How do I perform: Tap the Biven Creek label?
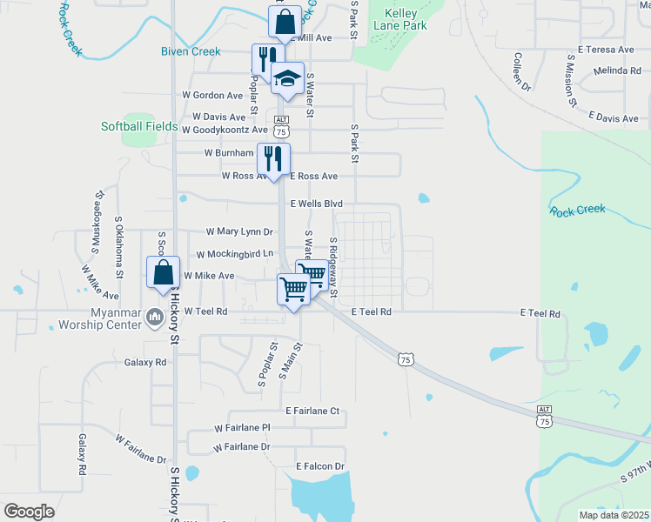click(x=191, y=51)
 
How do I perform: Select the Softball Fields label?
click(x=139, y=127)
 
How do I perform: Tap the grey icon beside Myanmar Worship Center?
click(x=156, y=316)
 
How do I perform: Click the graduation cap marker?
click(x=287, y=79)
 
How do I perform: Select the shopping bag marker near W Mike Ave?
click(x=163, y=272)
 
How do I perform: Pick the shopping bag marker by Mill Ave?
click(x=285, y=23)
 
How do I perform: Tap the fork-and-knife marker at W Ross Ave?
click(x=273, y=159)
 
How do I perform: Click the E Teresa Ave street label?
click(x=605, y=50)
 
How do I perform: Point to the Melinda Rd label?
click(x=618, y=70)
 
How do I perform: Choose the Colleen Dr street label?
click(x=521, y=72)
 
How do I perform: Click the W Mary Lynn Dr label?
click(x=239, y=232)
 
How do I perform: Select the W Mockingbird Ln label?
click(x=235, y=254)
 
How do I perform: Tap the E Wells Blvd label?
click(x=316, y=204)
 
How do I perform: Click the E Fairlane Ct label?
click(x=311, y=410)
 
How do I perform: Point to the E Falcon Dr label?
click(x=319, y=466)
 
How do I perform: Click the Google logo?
click(x=29, y=512)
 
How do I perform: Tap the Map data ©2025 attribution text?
click(x=614, y=515)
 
